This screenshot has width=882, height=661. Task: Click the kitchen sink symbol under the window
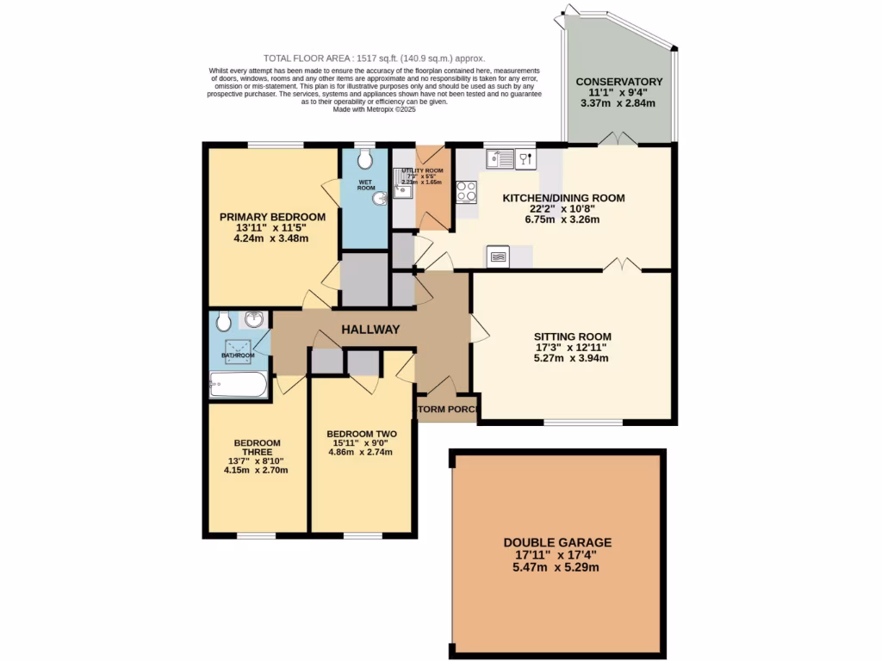coord(500,158)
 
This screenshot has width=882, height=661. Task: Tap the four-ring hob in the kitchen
coord(466,192)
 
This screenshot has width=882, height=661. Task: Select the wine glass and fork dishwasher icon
coord(526,158)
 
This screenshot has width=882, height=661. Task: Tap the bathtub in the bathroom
coord(238,385)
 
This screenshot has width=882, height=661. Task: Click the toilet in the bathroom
coord(223,321)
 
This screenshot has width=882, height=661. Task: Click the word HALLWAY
coord(370,330)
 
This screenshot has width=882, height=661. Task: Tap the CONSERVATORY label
coord(619,82)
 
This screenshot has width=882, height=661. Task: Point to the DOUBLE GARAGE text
coord(558,542)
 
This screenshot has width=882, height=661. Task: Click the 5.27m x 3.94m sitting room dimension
coord(571,358)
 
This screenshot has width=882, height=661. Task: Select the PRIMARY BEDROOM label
coord(272,217)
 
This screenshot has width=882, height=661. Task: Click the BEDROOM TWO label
coord(362,434)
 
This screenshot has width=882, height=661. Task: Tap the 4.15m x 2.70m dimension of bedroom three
coord(256,470)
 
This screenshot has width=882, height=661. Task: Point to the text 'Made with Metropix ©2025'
coord(374,109)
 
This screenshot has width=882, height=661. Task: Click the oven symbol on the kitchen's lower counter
coord(500,256)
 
